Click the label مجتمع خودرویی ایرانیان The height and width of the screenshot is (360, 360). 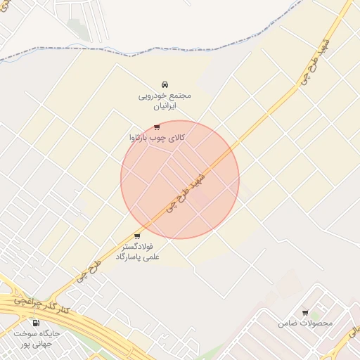point(164,100)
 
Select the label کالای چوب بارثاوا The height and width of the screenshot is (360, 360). point(156,138)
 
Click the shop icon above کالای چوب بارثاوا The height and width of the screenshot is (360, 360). point(156,127)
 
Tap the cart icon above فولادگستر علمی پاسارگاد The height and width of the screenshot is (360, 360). point(136,236)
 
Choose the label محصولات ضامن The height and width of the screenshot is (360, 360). point(304,323)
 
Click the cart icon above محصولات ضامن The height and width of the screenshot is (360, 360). point(305,312)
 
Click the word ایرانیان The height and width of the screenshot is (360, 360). point(164,105)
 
